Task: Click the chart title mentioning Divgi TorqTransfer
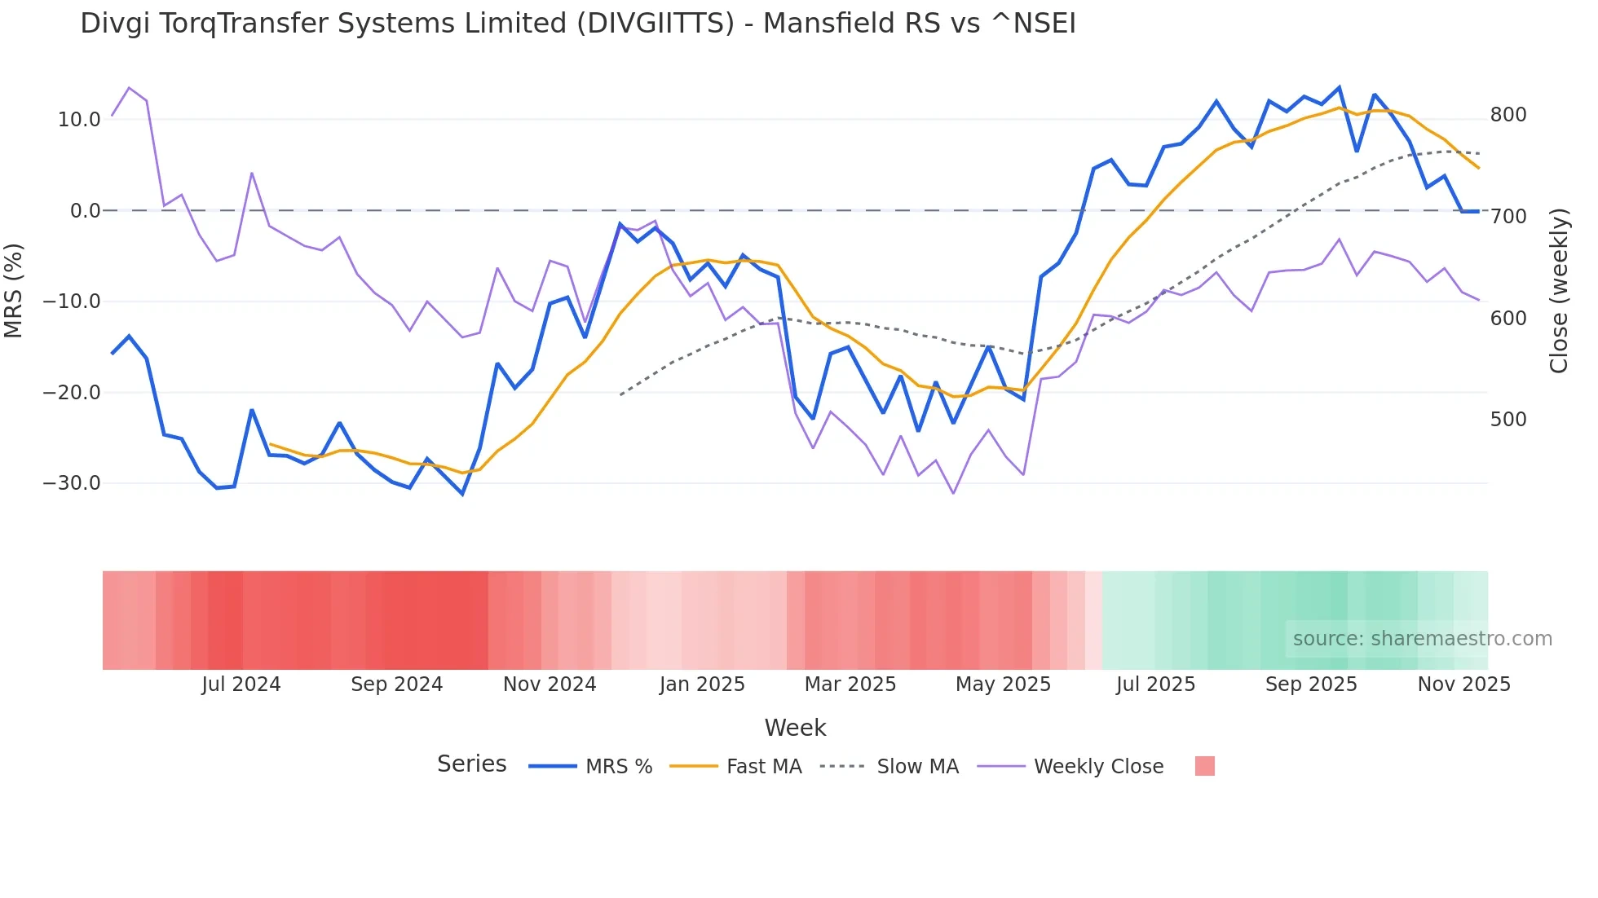(577, 24)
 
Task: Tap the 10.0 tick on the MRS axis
(79, 120)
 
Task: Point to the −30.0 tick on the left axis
(72, 483)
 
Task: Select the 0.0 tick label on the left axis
(85, 211)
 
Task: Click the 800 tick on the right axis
(1508, 115)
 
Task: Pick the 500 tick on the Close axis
(1508, 420)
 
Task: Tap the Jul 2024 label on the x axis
(241, 685)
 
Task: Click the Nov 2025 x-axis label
(1463, 685)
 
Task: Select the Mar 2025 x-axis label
(850, 685)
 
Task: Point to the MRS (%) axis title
(14, 291)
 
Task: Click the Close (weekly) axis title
(1559, 291)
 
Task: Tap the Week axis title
(795, 728)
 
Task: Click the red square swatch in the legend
(1204, 766)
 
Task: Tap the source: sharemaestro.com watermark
(1422, 639)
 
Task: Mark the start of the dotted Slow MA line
(620, 395)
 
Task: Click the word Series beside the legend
(471, 764)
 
